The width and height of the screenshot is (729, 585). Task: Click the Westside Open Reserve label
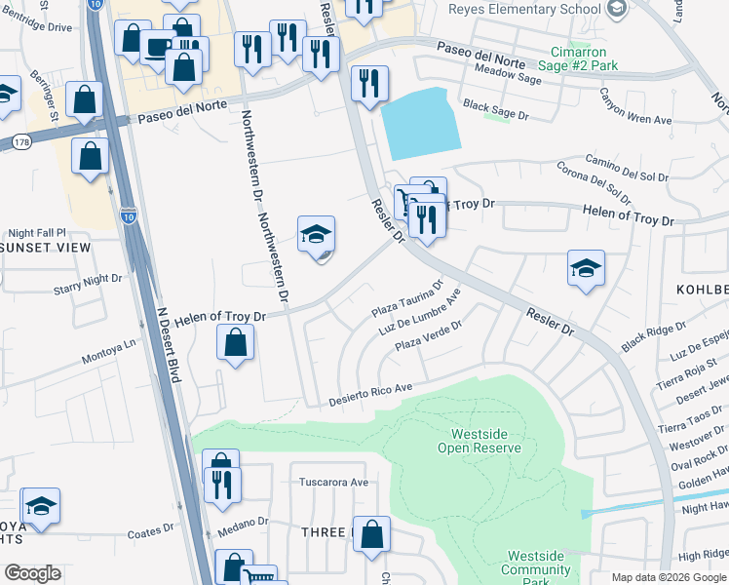coord(486,441)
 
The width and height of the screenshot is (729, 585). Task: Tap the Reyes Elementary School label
coord(524,9)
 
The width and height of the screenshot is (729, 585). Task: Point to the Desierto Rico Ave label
coord(371,394)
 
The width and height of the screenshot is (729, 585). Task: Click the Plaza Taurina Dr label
coord(407,300)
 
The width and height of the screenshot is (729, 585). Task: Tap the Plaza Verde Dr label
coord(428,336)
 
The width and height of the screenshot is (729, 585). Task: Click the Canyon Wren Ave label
coord(635,106)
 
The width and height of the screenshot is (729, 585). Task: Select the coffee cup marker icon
coord(157,45)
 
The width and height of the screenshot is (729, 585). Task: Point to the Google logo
coord(32,573)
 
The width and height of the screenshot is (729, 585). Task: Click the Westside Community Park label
coord(534,563)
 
